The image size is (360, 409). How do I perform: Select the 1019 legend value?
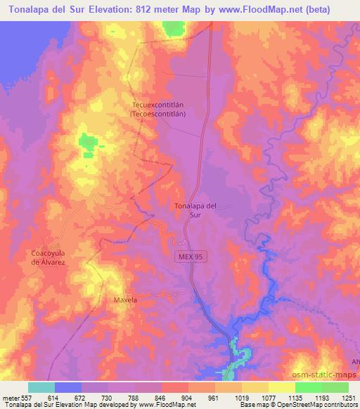(x=242, y=397)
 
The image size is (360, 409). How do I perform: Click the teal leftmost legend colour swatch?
(x=41, y=387)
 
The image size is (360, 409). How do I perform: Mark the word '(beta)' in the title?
(x=336, y=8)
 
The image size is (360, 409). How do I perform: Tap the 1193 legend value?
(x=322, y=397)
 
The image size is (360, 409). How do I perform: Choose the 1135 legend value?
(x=295, y=397)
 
